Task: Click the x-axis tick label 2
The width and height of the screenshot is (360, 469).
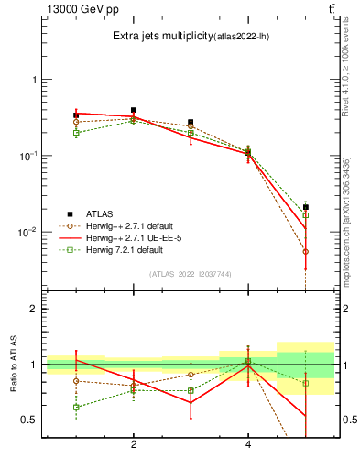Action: [134, 444]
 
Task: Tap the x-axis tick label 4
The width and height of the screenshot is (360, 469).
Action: [248, 444]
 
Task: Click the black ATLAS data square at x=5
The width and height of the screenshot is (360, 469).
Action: [306, 207]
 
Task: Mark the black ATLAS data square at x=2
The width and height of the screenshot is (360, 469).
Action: [134, 110]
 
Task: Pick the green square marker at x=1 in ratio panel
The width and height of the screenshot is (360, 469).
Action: [76, 407]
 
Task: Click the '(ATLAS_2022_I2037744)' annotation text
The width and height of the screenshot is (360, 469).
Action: [191, 274]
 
